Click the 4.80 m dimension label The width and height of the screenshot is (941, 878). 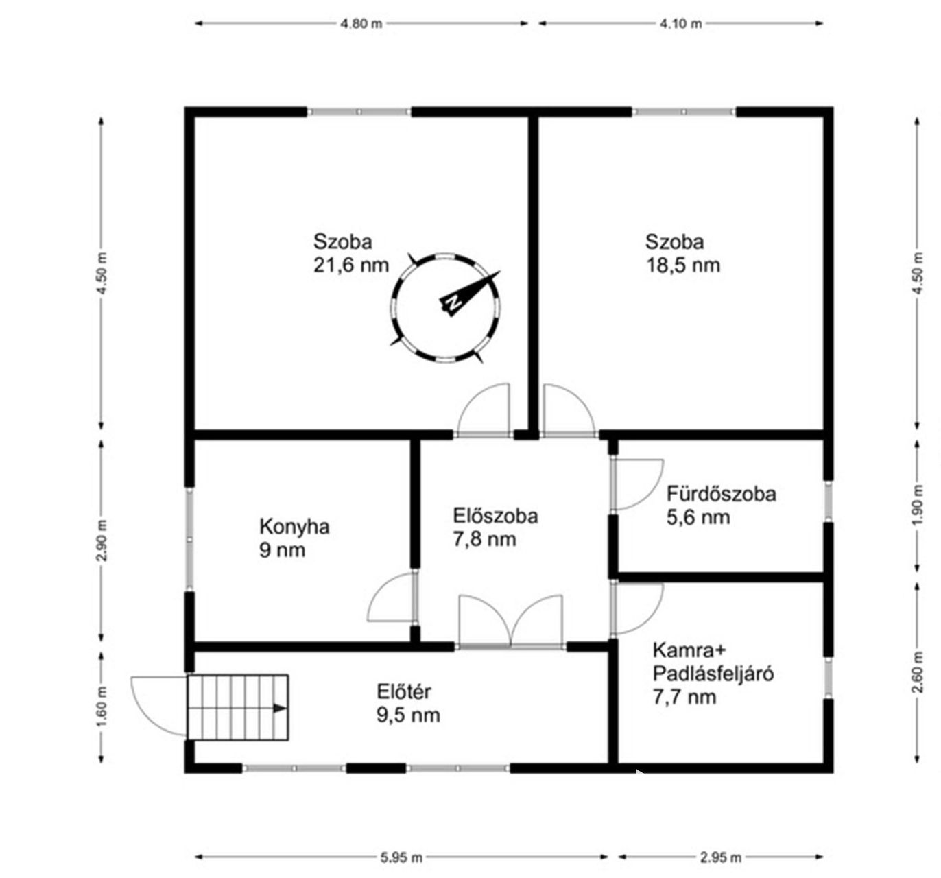pyautogui.click(x=361, y=24)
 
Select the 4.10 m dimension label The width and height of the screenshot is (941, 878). pyautogui.click(x=681, y=24)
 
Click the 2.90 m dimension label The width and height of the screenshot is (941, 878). pyautogui.click(x=102, y=541)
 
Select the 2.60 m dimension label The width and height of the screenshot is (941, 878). pyautogui.click(x=919, y=673)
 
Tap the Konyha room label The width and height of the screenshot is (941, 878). pyautogui.click(x=294, y=527)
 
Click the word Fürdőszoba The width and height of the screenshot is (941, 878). pyautogui.click(x=721, y=493)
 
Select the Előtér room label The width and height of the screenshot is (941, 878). pyautogui.click(x=404, y=691)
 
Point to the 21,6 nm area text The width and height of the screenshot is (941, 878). pyautogui.click(x=351, y=265)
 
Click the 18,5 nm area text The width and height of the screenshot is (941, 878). pyautogui.click(x=683, y=265)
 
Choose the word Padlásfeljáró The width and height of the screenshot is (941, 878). pyautogui.click(x=713, y=674)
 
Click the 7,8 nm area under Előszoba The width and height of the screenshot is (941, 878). pyautogui.click(x=484, y=539)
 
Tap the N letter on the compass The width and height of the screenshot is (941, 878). pyautogui.click(x=452, y=302)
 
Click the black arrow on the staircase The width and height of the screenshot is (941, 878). pyautogui.click(x=280, y=709)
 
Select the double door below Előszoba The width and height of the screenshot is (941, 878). pyautogui.click(x=511, y=621)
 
